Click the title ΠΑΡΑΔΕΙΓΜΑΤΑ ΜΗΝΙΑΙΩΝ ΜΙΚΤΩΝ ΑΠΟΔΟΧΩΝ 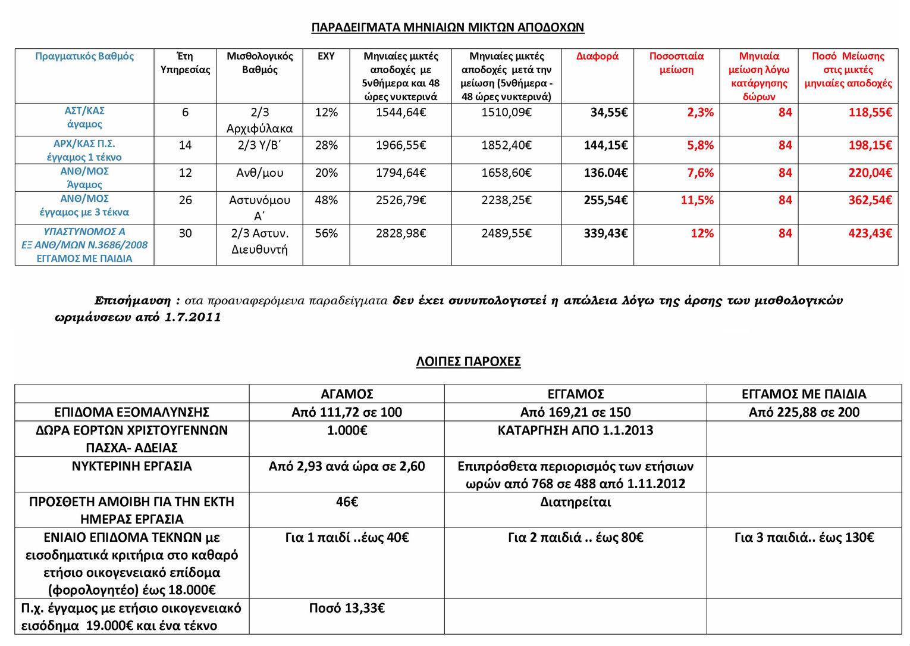448,27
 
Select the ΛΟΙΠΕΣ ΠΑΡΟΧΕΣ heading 468,361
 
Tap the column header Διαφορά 597,57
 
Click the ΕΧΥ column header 326,57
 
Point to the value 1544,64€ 400,113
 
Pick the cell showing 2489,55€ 506,233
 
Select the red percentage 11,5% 697,200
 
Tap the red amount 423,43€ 870,233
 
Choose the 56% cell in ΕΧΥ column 326,233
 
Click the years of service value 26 185,200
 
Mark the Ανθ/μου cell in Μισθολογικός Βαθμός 259,173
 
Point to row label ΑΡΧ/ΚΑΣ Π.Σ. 84,144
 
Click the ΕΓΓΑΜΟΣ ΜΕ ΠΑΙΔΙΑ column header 804,394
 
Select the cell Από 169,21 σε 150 575,413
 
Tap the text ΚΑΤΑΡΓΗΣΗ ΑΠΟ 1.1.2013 575,430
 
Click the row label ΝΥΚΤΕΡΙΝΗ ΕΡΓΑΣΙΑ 131,466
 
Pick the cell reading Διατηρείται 575,502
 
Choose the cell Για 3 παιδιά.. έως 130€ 804,538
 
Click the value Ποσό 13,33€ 346,608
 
